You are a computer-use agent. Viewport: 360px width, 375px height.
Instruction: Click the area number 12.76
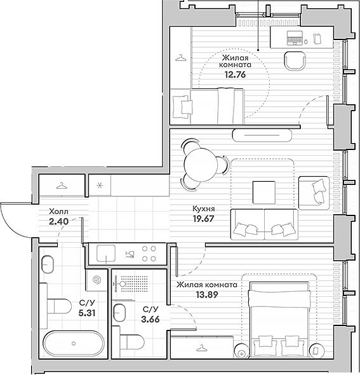click(234, 74)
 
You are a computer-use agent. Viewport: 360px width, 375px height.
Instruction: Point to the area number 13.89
click(206, 296)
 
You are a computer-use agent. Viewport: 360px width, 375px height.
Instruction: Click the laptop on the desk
click(294, 38)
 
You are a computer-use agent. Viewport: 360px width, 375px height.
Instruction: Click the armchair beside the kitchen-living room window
click(313, 191)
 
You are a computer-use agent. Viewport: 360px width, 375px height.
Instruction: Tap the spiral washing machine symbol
click(97, 280)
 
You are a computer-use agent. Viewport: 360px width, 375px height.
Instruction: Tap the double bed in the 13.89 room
click(282, 320)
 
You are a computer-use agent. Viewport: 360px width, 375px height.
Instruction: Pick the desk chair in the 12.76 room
click(295, 61)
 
